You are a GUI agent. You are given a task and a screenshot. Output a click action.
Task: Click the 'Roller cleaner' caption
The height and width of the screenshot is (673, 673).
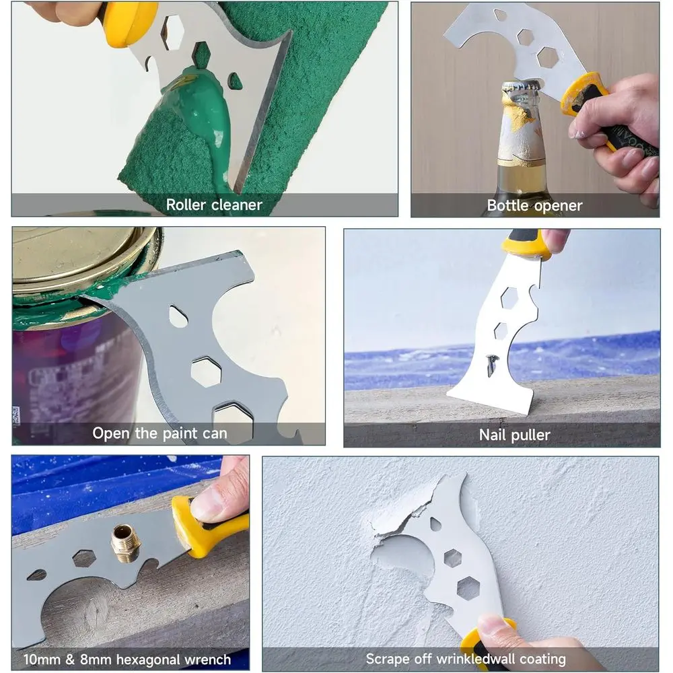click(214, 205)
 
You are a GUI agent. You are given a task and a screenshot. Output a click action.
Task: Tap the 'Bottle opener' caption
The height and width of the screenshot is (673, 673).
click(534, 205)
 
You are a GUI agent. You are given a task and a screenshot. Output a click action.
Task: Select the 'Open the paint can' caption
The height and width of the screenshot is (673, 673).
click(160, 433)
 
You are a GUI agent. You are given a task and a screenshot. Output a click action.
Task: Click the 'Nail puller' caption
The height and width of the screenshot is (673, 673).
click(514, 435)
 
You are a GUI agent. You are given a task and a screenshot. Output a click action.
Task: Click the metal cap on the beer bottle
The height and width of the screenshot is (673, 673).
click(520, 90)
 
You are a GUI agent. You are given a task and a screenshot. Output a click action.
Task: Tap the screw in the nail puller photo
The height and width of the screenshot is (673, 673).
click(492, 364)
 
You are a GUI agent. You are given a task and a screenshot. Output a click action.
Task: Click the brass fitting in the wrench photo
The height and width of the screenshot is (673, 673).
click(125, 542)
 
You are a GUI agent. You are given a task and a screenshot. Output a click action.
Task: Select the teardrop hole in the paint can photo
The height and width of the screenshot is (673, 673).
click(178, 316)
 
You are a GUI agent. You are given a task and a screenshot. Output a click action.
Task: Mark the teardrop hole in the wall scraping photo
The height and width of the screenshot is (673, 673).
click(436, 524)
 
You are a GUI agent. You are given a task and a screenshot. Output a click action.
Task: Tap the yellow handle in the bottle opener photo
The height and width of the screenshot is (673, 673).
click(584, 94)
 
